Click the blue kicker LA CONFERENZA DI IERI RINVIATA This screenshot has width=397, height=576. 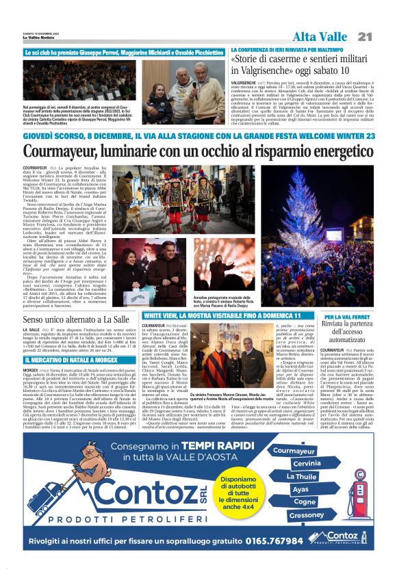(x=287, y=50)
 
